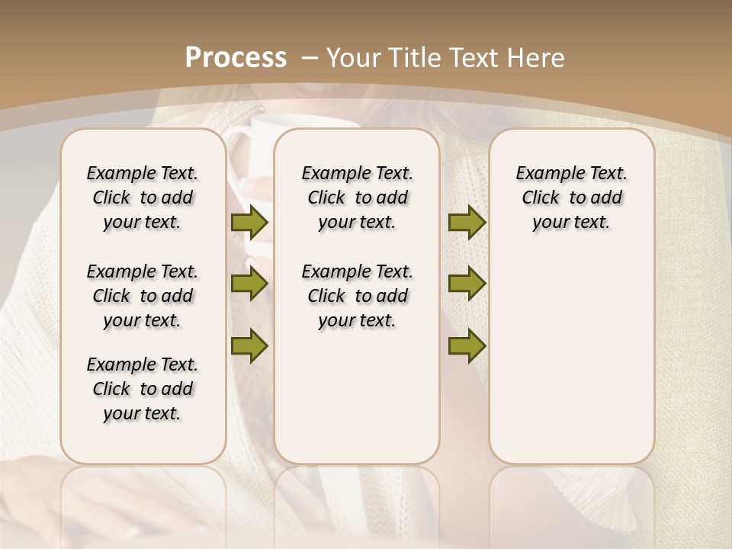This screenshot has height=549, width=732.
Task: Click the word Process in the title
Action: point(236,58)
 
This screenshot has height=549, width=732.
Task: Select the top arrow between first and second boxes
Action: point(249,223)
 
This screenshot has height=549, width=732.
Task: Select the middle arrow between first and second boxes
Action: point(249,284)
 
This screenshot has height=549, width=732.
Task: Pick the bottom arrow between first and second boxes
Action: point(249,345)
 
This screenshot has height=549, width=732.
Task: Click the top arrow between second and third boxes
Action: point(467,223)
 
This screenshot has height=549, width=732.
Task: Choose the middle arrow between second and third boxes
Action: point(467,284)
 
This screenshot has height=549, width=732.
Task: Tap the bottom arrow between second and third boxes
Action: point(467,345)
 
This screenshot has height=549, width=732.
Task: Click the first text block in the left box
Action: point(143,197)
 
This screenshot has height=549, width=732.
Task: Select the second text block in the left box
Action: point(143,296)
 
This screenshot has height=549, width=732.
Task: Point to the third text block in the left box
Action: point(143,389)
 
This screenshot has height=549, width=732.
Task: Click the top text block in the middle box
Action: point(358,197)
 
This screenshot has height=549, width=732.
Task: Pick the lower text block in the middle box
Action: point(358,296)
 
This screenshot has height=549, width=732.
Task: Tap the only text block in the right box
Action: point(572,197)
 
